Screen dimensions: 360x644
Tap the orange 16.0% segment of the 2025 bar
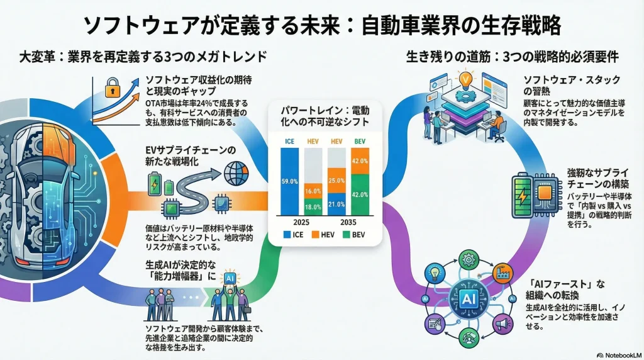313,189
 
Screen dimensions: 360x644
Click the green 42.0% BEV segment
360,194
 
